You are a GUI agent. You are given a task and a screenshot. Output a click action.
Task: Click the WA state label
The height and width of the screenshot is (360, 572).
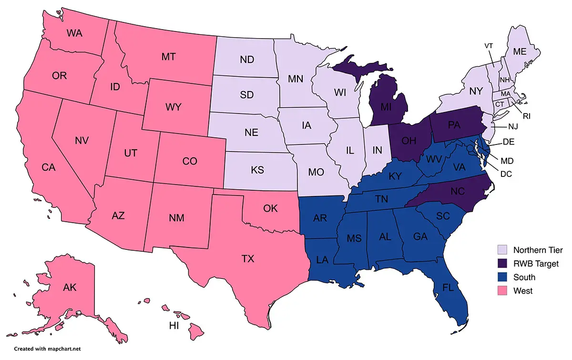coord(76,33)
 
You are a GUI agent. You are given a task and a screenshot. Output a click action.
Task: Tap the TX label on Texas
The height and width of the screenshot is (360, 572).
coord(248,259)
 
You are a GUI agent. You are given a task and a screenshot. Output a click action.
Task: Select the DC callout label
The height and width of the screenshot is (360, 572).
coord(506,174)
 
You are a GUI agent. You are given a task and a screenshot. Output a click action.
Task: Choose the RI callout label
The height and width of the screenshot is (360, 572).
coord(526,115)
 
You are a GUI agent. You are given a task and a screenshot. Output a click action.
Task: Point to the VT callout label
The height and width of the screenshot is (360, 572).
coord(489,46)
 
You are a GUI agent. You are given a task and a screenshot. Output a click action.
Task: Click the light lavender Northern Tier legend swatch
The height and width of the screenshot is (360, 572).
coord(501,250)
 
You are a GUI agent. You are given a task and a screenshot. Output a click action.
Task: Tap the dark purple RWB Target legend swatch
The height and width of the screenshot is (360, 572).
coord(501,264)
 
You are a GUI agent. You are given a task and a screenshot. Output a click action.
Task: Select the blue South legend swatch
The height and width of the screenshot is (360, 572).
coord(501,277)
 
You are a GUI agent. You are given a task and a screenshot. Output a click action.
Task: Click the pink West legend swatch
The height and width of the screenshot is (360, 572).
coord(501,291)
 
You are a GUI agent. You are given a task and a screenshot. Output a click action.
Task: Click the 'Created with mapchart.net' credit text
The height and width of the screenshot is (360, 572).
coord(40,349)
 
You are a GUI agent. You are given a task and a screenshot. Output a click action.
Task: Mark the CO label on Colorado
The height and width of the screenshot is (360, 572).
coord(190,161)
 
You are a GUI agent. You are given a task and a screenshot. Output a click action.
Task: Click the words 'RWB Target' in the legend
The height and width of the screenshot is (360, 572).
coord(535,264)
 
